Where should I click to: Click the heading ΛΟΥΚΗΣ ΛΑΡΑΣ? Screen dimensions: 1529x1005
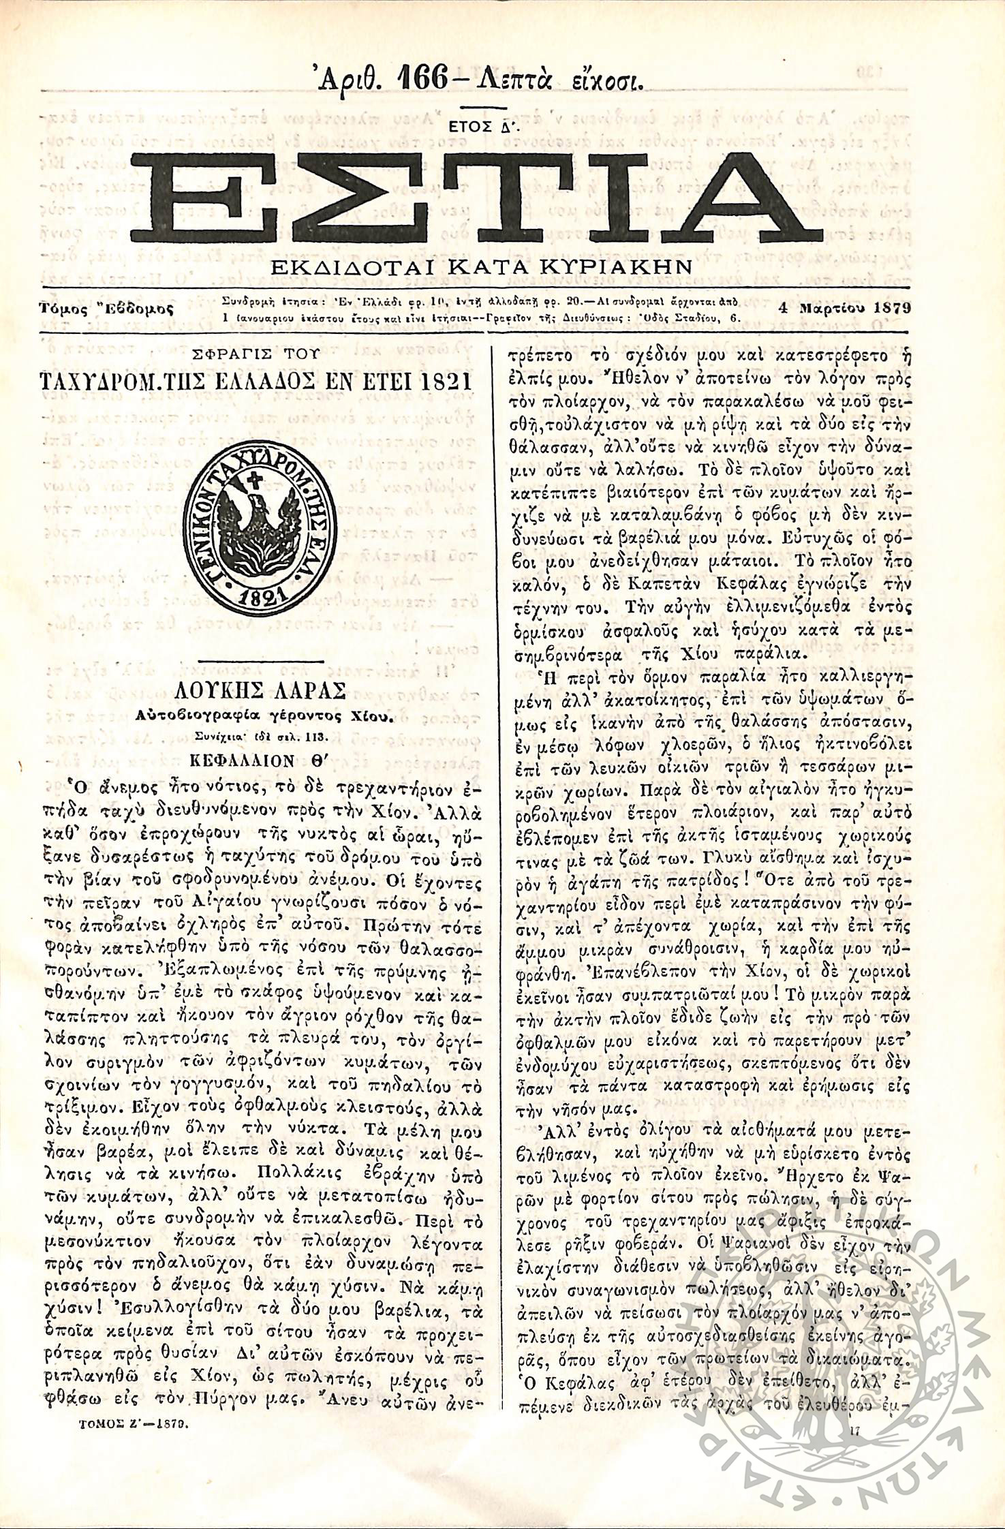click(260, 692)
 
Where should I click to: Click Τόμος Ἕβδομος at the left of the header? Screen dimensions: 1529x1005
click(106, 309)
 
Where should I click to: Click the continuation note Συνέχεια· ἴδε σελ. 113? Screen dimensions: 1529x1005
click(262, 737)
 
